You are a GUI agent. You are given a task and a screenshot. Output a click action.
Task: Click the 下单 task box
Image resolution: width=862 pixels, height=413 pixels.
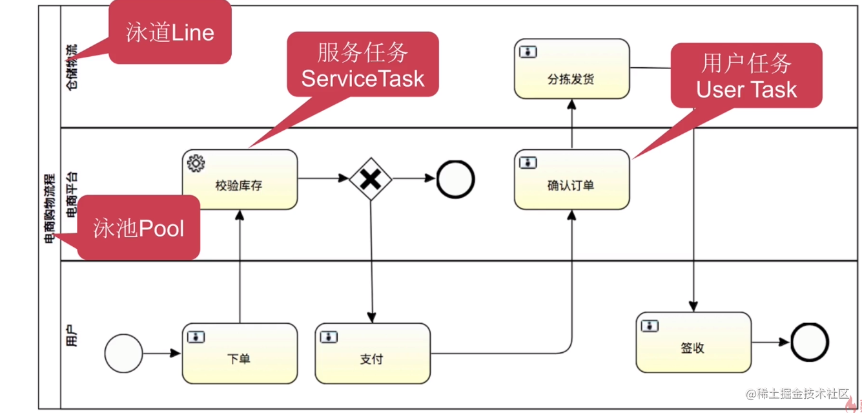click(x=240, y=354)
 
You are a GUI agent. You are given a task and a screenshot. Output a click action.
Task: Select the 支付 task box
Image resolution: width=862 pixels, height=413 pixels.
click(x=373, y=354)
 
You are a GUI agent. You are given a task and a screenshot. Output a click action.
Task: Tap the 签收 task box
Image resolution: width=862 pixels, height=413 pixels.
click(x=693, y=343)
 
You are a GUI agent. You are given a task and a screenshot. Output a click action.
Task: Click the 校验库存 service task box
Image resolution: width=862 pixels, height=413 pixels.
click(x=240, y=180)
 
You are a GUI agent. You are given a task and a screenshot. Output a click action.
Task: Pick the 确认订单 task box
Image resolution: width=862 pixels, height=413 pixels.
click(x=571, y=180)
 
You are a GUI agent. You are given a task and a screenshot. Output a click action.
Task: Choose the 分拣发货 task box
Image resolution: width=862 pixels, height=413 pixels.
click(x=571, y=69)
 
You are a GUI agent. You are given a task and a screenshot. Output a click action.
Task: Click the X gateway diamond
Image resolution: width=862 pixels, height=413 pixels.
click(x=371, y=179)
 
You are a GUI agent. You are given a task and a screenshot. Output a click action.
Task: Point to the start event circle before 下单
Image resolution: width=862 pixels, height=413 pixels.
click(x=123, y=354)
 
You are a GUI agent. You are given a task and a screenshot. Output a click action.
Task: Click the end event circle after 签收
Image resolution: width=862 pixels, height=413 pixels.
click(x=809, y=343)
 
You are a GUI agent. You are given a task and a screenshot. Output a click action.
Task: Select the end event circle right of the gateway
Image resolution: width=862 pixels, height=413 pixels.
click(x=455, y=179)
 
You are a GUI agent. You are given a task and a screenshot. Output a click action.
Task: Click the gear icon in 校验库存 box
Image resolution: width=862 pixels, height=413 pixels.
click(x=196, y=164)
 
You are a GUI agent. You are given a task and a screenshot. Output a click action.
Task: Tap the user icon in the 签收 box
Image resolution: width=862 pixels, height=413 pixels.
click(x=650, y=326)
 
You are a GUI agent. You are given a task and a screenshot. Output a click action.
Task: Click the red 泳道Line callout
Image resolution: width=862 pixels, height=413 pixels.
click(x=169, y=32)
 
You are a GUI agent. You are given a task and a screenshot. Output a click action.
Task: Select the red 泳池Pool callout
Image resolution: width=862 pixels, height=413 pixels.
click(x=138, y=228)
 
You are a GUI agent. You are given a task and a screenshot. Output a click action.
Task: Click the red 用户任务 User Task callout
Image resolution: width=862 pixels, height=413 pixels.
click(x=746, y=76)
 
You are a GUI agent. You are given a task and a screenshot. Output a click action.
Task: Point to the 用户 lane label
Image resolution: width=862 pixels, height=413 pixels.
click(x=72, y=336)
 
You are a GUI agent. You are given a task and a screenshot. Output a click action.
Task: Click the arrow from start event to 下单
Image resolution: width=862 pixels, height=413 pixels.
click(x=161, y=354)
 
